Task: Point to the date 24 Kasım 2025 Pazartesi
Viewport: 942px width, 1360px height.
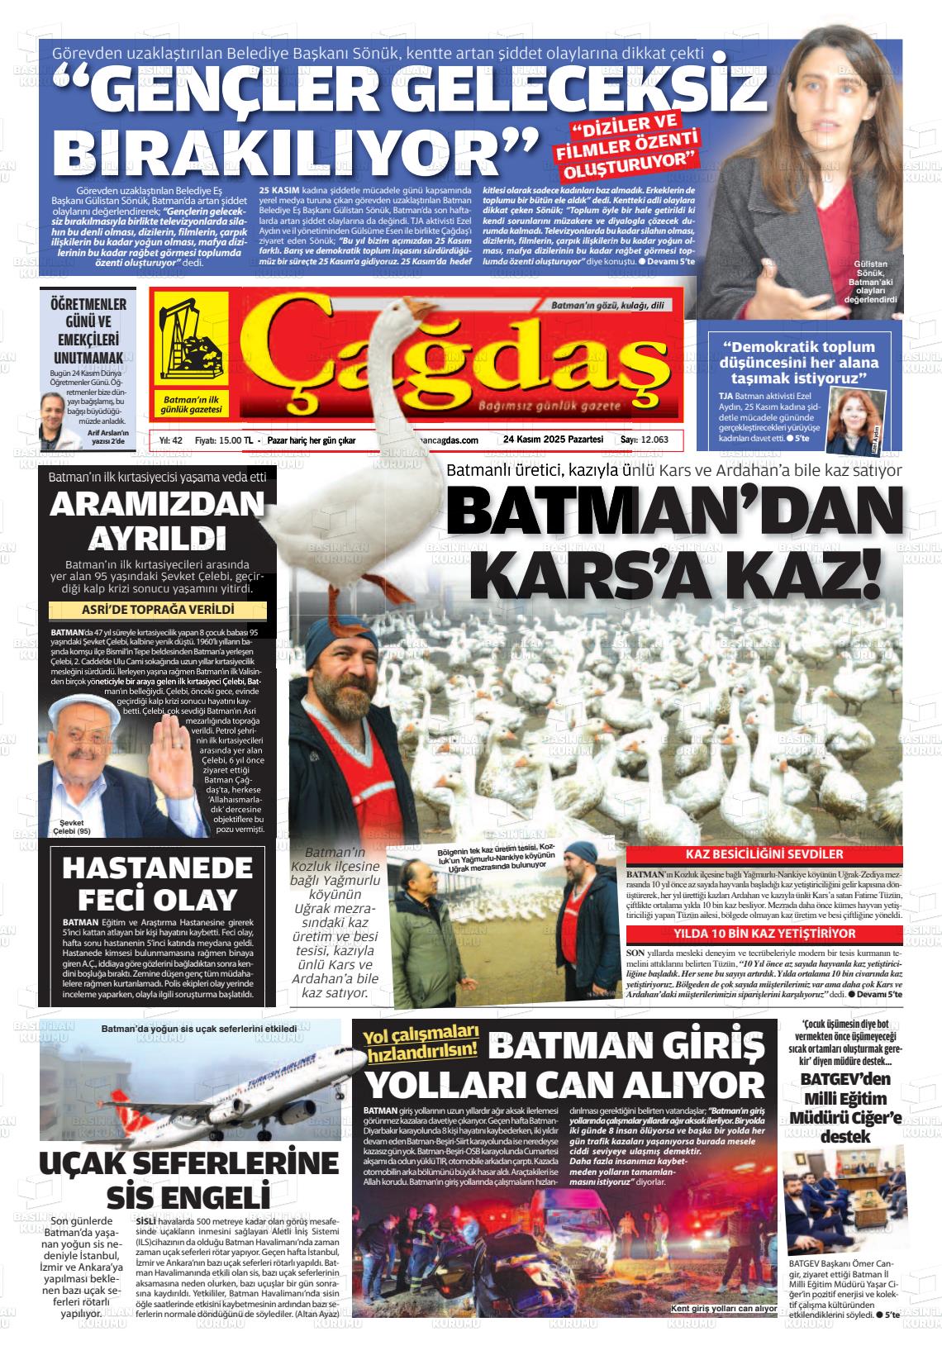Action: pos(553,440)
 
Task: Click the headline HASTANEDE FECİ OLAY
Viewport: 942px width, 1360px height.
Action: pos(157,882)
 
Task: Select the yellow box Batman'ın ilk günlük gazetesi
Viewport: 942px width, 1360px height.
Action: pos(192,404)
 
